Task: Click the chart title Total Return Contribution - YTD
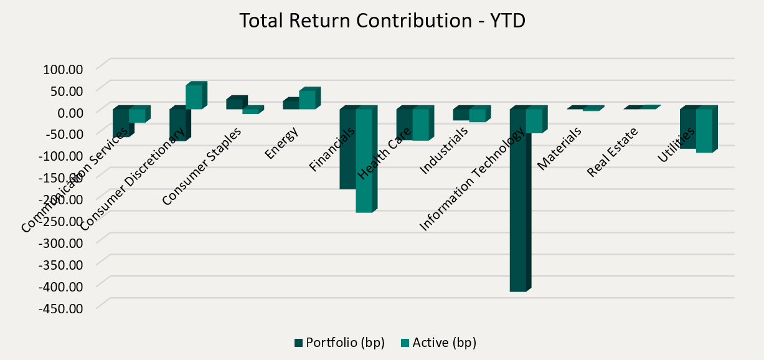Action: [x=382, y=21]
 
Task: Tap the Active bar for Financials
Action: [x=364, y=160]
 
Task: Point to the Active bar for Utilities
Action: [x=704, y=130]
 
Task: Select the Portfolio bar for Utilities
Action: [x=687, y=128]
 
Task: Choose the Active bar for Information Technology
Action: [x=534, y=121]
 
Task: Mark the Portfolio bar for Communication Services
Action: [x=121, y=122]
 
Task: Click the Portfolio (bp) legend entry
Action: [x=339, y=343]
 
